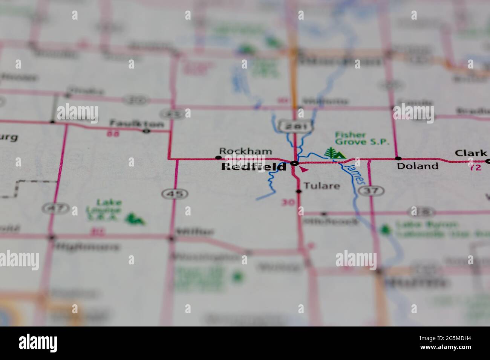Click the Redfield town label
[253, 167]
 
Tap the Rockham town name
[245, 151]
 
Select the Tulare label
[322, 186]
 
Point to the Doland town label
[418, 166]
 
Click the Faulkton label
[137, 124]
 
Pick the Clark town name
[470, 153]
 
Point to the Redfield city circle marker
[295, 163]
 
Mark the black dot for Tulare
[299, 191]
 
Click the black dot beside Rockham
[218, 157]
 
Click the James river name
[355, 173]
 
